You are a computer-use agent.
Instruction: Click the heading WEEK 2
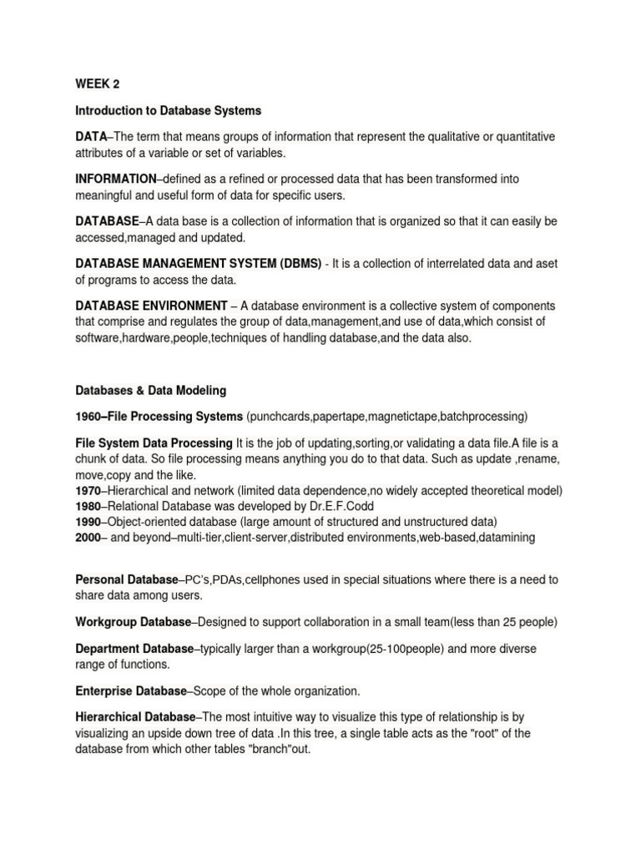[x=98, y=84]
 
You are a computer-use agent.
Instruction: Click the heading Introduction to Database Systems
[x=168, y=110]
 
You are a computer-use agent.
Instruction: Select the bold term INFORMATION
[x=115, y=179]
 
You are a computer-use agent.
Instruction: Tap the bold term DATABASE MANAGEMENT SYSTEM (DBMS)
[x=198, y=263]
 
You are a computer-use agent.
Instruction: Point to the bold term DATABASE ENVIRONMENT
[x=151, y=306]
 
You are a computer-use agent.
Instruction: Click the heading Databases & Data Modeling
[x=150, y=390]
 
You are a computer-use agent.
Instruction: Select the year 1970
[x=88, y=490]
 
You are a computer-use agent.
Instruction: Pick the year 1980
[x=88, y=506]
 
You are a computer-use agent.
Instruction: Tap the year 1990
[x=88, y=522]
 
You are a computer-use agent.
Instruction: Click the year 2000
[x=88, y=538]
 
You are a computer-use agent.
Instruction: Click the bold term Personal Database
[x=127, y=579]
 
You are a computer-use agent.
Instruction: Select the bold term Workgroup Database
[x=133, y=622]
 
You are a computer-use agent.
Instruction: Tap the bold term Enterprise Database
[x=131, y=691]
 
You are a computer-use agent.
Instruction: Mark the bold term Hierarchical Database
[x=135, y=717]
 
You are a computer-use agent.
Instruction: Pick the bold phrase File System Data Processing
[x=154, y=443]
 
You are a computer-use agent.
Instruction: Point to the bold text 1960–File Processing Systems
[x=159, y=416]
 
